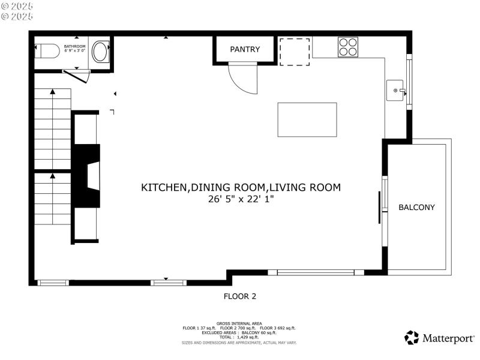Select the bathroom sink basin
coord(101,52)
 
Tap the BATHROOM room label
coord(75,46)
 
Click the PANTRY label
coord(245,49)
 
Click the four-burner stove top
coord(348,47)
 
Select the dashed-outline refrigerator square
coord(295,52)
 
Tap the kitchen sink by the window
coord(396,91)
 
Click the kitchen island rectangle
coord(307,119)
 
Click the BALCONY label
coord(416,208)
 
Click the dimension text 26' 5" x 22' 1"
coord(241,199)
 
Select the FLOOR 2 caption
coord(240,296)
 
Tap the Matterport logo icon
coord(412,338)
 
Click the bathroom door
coord(76,74)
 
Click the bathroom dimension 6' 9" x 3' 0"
coord(75,52)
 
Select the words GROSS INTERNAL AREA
coord(239,323)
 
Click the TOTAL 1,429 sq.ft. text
coord(239,337)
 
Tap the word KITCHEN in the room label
coord(164,188)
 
